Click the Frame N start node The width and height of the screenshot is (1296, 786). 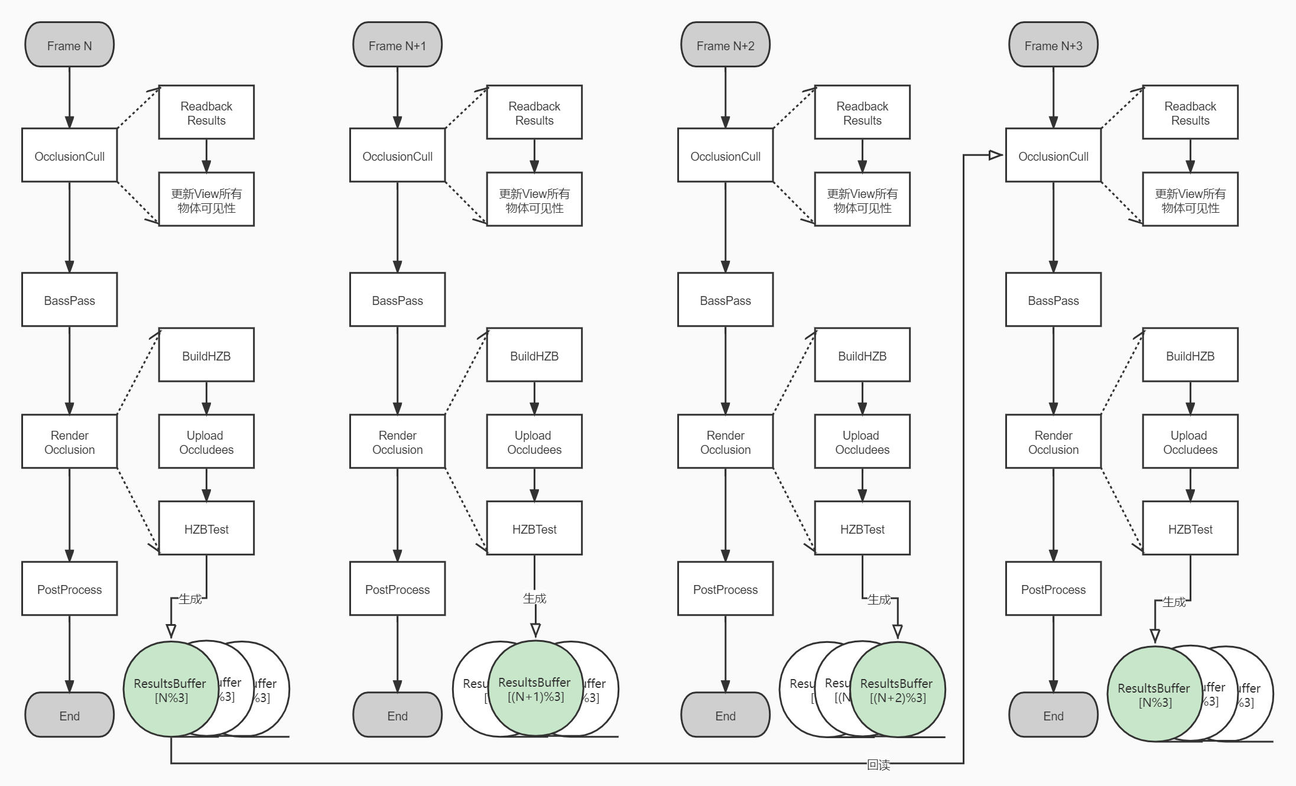click(x=69, y=45)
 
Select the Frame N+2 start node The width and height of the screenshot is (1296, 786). click(x=725, y=45)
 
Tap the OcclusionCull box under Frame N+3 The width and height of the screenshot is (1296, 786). click(x=1053, y=155)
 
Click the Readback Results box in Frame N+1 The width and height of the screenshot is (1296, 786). click(x=534, y=112)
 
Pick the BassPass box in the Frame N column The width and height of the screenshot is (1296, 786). click(x=69, y=300)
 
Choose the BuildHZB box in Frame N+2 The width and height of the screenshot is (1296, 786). click(x=862, y=355)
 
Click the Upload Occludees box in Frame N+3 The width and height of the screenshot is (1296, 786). click(x=1190, y=441)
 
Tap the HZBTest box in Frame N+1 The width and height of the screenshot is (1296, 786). click(x=534, y=528)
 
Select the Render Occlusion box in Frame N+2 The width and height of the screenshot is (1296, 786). click(x=725, y=441)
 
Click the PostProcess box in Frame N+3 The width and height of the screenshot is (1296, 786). click(x=1053, y=589)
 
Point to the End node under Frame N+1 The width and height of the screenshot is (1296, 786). click(x=397, y=715)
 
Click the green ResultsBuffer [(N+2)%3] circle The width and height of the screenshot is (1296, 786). click(x=897, y=690)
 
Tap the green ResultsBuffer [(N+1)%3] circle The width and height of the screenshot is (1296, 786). click(x=535, y=688)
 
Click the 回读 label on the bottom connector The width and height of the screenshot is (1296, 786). click(x=878, y=765)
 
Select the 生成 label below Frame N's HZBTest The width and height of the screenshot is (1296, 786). click(x=190, y=599)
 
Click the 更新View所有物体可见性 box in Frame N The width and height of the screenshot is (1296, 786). click(x=206, y=200)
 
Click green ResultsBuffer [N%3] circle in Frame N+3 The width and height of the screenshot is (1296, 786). click(x=1154, y=694)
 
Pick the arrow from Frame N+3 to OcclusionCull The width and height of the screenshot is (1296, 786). click(x=1053, y=98)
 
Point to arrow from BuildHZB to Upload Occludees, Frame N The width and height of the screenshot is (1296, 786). click(x=206, y=398)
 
